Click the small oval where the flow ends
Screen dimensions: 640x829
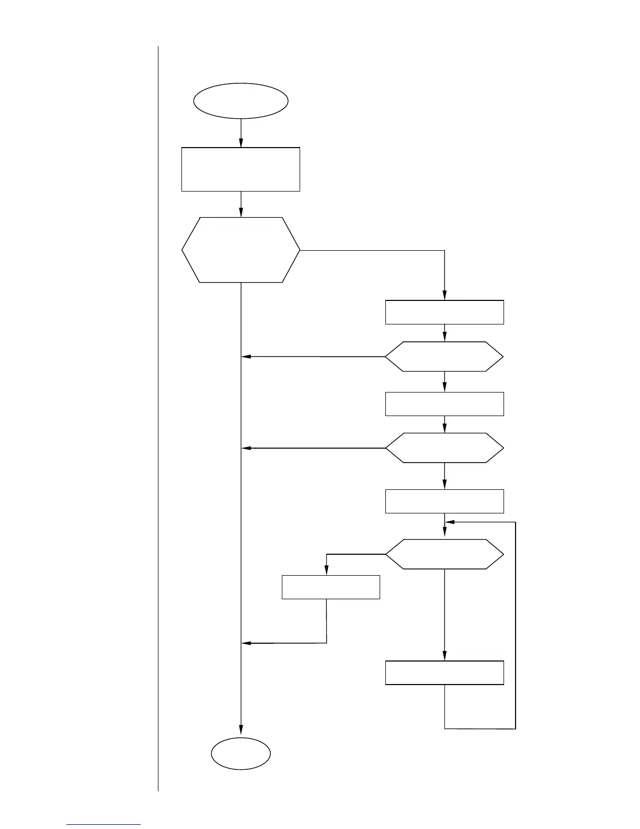click(241, 754)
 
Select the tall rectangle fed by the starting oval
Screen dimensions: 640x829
click(241, 169)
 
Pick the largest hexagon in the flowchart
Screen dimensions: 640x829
click(241, 250)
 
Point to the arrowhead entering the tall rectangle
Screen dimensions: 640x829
click(241, 143)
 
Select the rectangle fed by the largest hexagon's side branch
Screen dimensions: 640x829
click(444, 312)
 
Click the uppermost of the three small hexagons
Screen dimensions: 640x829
click(444, 357)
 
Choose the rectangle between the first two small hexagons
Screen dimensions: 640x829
click(444, 404)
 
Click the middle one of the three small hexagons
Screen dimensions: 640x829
click(444, 448)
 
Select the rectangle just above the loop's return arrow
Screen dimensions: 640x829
click(444, 501)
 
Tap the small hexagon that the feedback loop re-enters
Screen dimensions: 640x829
click(444, 554)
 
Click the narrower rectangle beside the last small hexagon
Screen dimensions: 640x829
click(330, 587)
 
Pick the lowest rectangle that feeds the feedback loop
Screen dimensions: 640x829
click(444, 673)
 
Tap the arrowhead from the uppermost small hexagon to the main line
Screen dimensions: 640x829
click(246, 357)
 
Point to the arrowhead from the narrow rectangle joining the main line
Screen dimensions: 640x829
click(246, 643)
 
